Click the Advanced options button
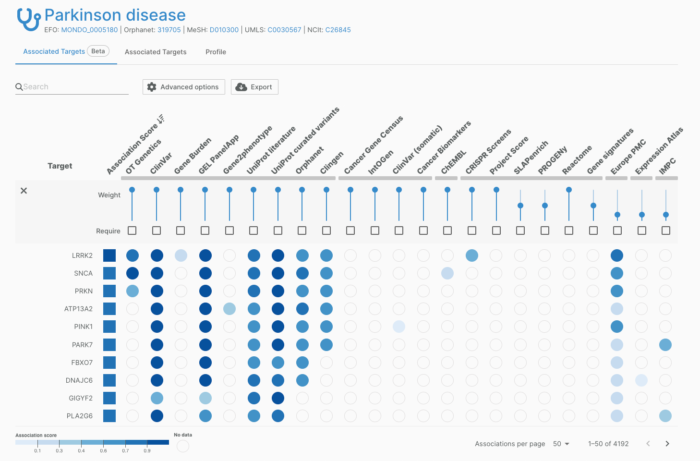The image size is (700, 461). coord(184,87)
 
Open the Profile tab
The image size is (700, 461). coord(216,52)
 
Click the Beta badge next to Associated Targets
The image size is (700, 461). coord(98,51)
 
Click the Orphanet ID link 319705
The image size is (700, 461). coord(169,30)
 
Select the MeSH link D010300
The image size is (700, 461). coord(224,30)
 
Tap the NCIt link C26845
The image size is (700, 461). coord(338,30)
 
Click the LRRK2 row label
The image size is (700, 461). coord(82,255)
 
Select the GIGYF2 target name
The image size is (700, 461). coord(81,398)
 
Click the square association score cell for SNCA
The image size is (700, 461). coord(109,273)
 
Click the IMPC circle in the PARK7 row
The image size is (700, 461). coord(665,345)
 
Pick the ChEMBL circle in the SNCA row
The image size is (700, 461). coord(447,273)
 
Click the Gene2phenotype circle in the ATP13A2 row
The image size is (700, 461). coord(229,309)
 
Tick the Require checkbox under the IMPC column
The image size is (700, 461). coord(666,230)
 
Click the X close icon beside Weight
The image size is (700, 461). coord(24,191)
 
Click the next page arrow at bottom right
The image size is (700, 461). coord(667,444)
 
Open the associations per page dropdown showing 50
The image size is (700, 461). coord(561,444)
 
